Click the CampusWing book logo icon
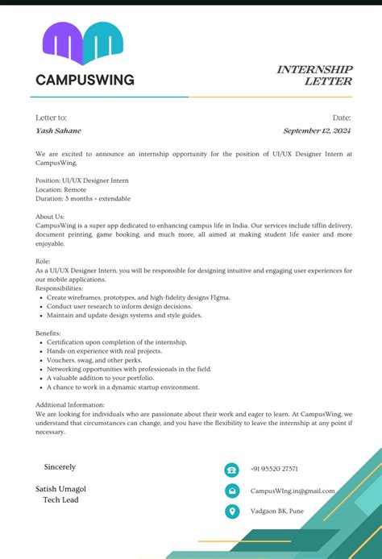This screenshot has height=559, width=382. tap(83, 43)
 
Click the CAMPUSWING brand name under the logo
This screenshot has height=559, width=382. tap(85, 80)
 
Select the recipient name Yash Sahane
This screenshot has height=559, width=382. tap(58, 130)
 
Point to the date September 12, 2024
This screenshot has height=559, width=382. tap(317, 130)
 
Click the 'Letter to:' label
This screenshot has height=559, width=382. tap(51, 118)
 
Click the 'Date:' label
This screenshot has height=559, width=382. tap(342, 118)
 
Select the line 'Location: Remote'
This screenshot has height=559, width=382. tap(66, 189)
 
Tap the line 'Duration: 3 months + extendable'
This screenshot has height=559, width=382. tap(83, 198)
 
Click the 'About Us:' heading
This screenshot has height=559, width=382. tap(50, 217)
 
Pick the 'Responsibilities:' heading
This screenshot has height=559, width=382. tap(59, 288)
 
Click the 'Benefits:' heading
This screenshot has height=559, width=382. tap(48, 333)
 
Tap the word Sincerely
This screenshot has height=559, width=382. tap(60, 466)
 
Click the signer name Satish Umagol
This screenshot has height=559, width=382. tap(60, 489)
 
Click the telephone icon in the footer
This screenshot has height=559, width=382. tap(232, 470)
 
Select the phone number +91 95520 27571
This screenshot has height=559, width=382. tap(274, 469)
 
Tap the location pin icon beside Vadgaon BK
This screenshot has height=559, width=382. tap(232, 511)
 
